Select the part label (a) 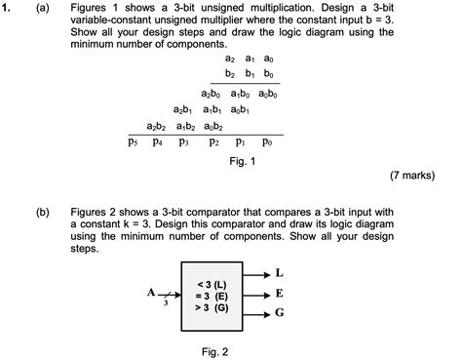(42, 8)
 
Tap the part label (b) (42, 212)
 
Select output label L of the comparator (280, 272)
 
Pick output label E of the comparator (280, 293)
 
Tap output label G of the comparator (280, 313)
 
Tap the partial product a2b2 (159, 126)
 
